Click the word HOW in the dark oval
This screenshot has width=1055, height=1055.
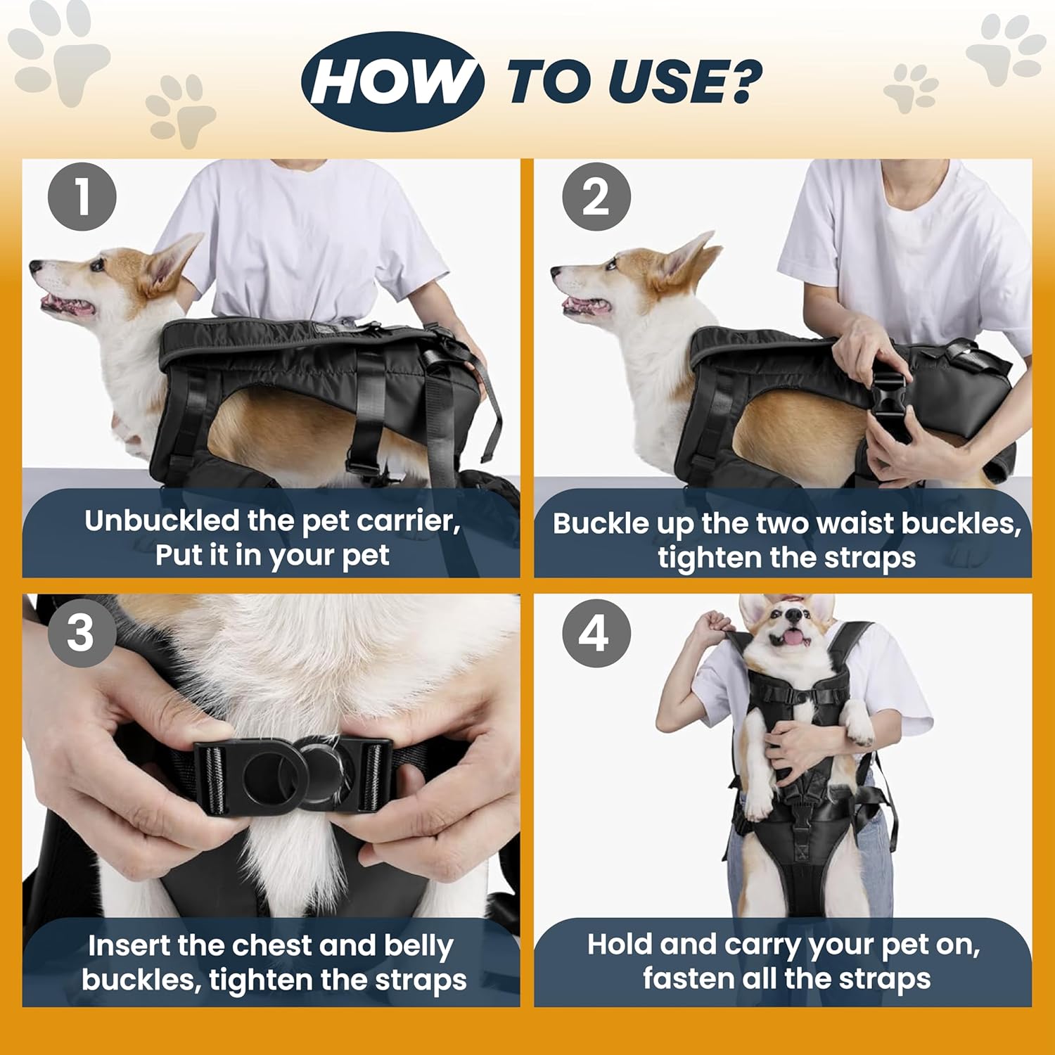click(x=392, y=82)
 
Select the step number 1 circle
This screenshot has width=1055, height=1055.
click(x=82, y=196)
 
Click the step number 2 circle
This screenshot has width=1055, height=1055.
click(x=596, y=196)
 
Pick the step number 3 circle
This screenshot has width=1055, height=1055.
click(x=81, y=632)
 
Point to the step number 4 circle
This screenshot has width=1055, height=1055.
click(x=596, y=633)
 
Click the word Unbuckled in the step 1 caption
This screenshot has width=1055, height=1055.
click(x=162, y=521)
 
